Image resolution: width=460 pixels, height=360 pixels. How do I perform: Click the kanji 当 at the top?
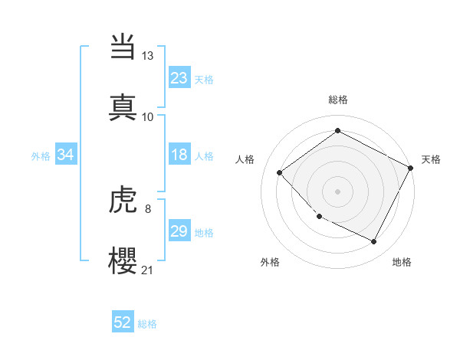point(123,47)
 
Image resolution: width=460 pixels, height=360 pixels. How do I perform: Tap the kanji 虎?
point(123,200)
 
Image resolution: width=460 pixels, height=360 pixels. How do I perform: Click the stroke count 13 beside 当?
point(148,56)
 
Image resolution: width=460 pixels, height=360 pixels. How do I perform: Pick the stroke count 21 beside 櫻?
point(148,270)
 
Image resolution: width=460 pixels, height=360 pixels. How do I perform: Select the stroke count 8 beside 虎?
point(148,209)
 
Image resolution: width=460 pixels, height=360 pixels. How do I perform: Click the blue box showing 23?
point(179,78)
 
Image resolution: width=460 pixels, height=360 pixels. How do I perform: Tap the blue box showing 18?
point(179,155)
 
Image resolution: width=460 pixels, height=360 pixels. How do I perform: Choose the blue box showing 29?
point(179,231)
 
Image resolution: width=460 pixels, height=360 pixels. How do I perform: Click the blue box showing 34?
point(66,155)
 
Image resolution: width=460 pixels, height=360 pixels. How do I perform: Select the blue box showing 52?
point(123,322)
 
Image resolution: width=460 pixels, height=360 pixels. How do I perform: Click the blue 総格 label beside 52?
point(147,324)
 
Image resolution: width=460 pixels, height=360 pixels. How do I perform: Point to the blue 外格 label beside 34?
point(41,156)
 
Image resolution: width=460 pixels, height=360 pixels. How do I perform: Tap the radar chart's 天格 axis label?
point(431,159)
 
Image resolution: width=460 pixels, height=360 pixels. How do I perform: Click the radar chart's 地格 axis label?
point(402,263)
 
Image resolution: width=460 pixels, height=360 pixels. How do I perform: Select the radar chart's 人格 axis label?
point(245,159)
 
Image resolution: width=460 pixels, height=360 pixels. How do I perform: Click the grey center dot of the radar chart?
point(337,191)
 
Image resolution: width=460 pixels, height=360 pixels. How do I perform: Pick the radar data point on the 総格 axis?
point(337,131)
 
